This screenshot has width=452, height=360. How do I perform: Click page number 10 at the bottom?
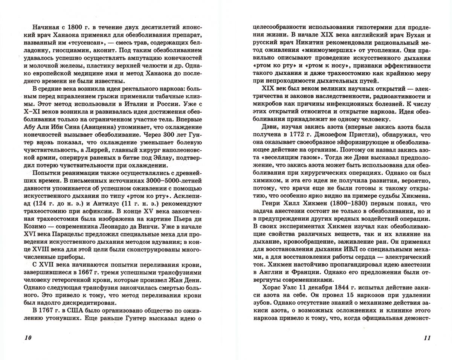(27, 337)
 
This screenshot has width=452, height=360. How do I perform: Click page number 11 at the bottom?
(426, 337)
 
